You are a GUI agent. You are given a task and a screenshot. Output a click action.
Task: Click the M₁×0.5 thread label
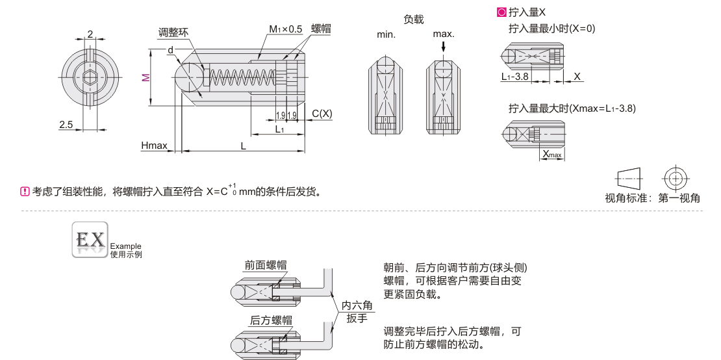(x=286, y=29)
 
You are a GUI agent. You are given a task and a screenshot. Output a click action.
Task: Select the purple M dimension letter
(x=146, y=77)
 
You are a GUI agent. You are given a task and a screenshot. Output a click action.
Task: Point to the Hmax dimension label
(x=154, y=146)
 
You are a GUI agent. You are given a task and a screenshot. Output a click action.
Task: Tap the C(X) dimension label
(x=322, y=113)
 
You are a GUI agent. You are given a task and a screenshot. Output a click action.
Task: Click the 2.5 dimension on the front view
(x=66, y=124)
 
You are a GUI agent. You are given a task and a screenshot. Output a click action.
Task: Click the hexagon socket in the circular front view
(x=90, y=78)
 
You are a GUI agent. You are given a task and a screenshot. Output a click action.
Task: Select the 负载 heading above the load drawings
(x=414, y=19)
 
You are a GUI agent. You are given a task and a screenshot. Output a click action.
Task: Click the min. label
(x=386, y=34)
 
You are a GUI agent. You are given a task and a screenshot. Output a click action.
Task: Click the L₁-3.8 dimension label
(x=514, y=77)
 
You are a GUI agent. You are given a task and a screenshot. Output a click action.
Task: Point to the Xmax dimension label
(x=551, y=154)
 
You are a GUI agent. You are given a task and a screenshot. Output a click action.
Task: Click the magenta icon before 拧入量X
(x=501, y=12)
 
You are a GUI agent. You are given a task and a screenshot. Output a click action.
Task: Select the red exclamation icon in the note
(x=25, y=191)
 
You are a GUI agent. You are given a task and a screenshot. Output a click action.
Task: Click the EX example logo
(x=90, y=240)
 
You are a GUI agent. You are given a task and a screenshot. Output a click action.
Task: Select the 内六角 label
(x=357, y=305)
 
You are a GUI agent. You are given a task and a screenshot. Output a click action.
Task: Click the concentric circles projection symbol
(x=676, y=177)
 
